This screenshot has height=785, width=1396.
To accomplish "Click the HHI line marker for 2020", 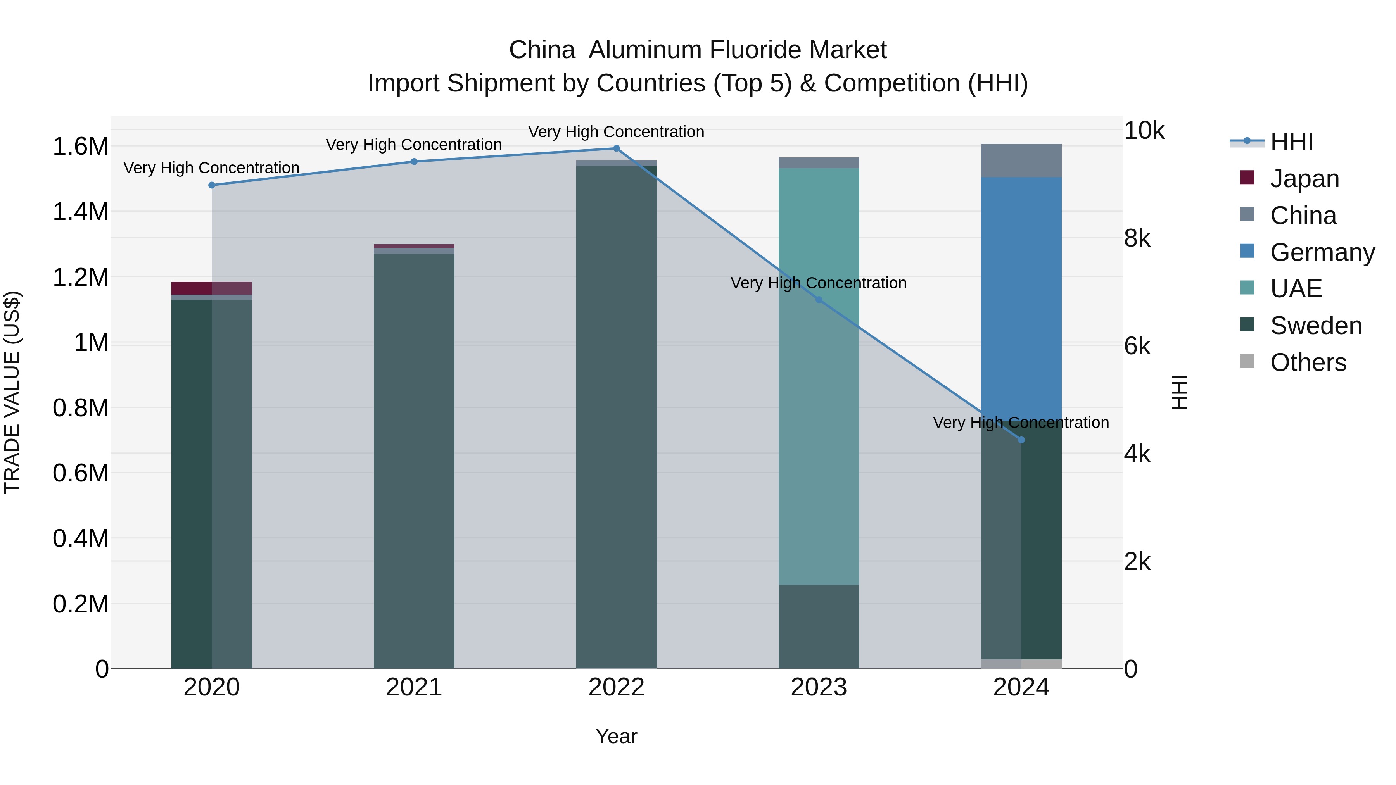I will pos(211,185).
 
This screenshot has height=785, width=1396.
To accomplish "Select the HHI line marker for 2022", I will pos(616,148).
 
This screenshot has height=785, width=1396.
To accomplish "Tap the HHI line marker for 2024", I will pos(1021,440).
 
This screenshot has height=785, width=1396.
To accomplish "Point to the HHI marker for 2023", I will pos(819,300).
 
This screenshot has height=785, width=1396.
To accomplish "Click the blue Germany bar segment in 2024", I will pos(1021,298).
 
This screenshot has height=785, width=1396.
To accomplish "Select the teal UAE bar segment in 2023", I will pos(819,379).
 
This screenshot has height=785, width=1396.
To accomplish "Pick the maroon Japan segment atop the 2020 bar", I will pos(211,288).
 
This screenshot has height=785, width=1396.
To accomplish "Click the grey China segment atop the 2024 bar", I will pos(1021,160).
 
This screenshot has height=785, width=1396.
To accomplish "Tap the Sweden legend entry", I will pos(1316,326).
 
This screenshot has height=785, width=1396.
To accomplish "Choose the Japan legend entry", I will pos(1304,179).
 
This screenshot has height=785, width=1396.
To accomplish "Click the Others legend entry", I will pos(1308,362).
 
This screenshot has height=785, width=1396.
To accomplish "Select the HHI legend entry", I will pos(1291,142).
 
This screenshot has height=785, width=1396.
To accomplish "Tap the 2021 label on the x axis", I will pos(414,687).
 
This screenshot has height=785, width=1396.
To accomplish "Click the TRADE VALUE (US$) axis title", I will pos(12,392).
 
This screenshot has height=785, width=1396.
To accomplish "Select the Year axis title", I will pos(616,736).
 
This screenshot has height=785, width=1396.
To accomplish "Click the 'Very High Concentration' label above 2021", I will pos(414,145).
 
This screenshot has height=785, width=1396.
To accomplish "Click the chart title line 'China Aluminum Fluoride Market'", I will pos(698,50).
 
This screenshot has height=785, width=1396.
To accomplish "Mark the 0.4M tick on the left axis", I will pos(80,538).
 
